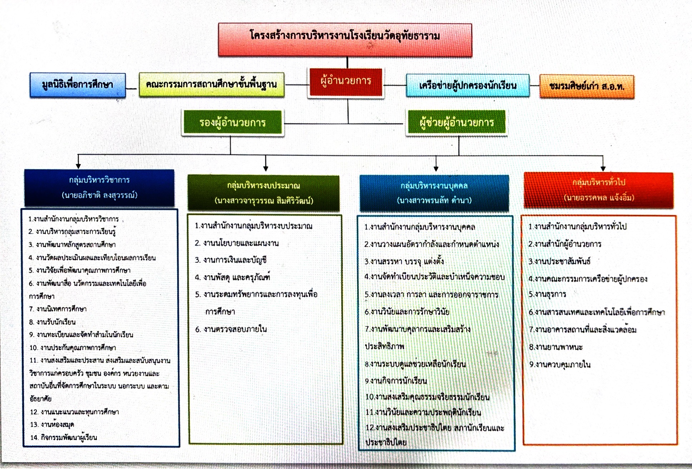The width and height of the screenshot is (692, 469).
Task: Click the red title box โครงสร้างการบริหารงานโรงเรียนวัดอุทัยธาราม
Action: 345,39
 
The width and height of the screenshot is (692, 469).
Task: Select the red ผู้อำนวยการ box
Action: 345,82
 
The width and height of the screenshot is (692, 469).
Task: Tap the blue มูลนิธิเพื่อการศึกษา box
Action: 78,85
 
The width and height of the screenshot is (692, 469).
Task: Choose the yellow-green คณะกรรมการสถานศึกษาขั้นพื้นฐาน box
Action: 211,85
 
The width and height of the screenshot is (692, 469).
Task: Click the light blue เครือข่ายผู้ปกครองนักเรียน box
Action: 467,86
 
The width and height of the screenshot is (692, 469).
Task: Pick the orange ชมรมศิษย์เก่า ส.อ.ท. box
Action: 587,87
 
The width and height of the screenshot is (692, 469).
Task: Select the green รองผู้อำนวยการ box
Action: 233,123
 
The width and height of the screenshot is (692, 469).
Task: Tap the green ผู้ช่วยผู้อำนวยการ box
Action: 456,123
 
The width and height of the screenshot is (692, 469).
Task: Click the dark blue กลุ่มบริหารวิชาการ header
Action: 99,180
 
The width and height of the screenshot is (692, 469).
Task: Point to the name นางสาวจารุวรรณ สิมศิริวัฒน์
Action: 264,201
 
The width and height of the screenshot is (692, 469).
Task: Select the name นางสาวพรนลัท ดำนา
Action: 434,200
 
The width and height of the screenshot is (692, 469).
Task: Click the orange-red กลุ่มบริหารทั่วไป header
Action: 598,183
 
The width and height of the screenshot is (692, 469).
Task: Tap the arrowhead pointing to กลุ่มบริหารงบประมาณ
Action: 265,168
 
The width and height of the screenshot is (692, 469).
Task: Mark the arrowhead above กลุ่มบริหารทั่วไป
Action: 603,168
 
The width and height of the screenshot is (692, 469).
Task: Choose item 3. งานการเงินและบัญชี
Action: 231,260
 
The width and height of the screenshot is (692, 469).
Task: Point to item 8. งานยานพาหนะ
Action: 556,347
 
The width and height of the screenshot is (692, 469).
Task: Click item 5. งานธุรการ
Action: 547,295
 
